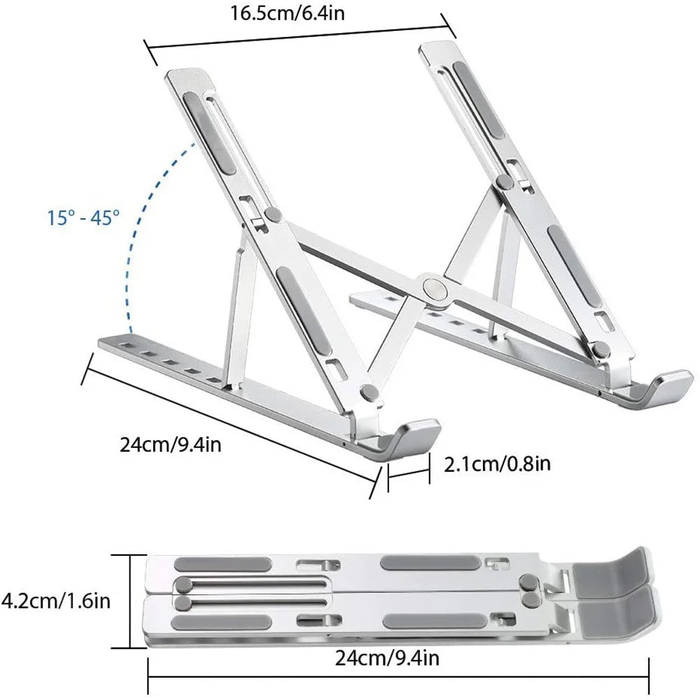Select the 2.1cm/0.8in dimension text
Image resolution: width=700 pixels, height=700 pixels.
pos(498,464)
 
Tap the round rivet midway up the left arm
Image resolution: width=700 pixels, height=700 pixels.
pos(272,213)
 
